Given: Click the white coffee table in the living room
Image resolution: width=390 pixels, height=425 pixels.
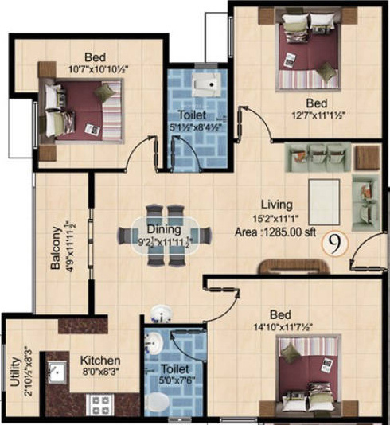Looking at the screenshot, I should (x=322, y=193).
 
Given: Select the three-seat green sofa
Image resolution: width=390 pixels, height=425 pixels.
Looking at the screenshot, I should (x=318, y=153).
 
